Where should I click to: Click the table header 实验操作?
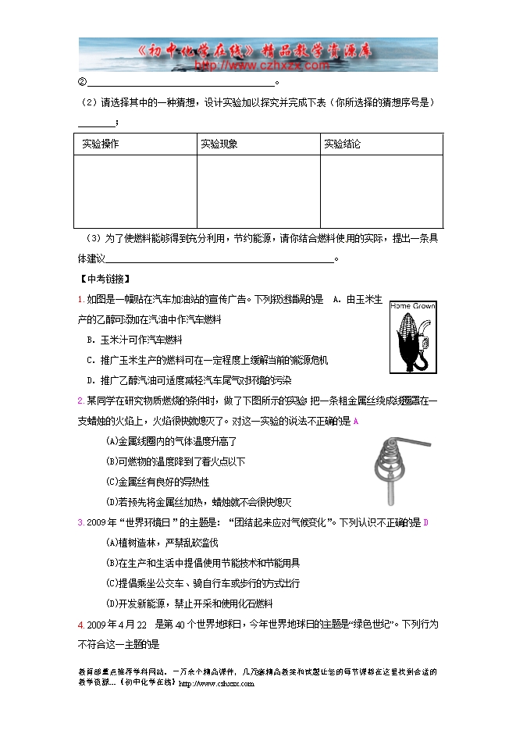101,144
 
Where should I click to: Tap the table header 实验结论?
343,144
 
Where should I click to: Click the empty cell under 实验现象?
258,191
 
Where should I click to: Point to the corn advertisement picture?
412,337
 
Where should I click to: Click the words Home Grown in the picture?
412,305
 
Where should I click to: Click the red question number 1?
81,299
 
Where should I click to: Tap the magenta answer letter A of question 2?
356,422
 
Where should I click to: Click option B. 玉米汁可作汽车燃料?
136,340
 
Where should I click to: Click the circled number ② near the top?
81,84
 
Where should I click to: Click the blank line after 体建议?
219,258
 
